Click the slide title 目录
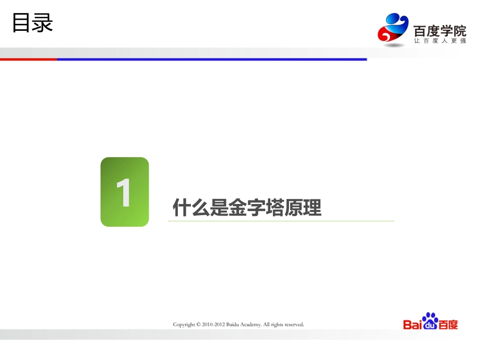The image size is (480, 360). click(x=32, y=23)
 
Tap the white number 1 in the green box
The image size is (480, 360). click(x=124, y=193)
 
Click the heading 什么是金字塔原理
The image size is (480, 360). click(x=247, y=208)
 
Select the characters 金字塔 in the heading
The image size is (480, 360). click(x=247, y=208)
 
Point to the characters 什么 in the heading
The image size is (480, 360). click(x=191, y=208)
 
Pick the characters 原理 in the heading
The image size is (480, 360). click(x=303, y=208)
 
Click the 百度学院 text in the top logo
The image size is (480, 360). click(x=439, y=31)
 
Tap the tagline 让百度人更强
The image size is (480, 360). click(x=440, y=41)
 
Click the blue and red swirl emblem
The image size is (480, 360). click(x=393, y=29)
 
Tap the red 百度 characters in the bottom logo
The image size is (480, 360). click(x=449, y=325)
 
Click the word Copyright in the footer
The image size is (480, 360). click(x=184, y=325)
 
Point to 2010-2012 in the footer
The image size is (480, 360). click(x=214, y=325)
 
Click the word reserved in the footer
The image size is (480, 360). click(x=294, y=325)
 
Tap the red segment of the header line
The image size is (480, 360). click(x=28, y=59)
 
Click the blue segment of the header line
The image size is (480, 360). click(x=212, y=59)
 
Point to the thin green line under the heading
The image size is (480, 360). click(x=281, y=221)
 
